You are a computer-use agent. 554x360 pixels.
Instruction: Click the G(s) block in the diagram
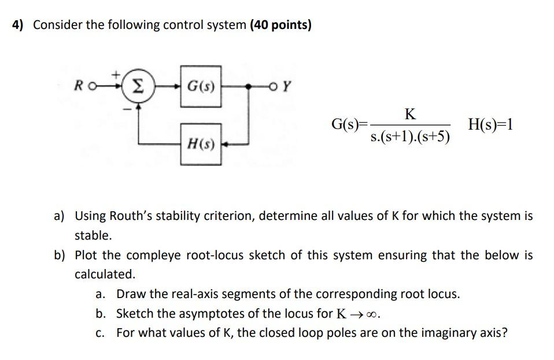[201, 88]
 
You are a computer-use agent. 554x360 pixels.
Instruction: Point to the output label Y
[289, 88]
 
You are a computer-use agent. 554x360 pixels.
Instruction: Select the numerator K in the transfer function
[410, 113]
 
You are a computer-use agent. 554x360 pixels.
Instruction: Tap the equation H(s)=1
[491, 124]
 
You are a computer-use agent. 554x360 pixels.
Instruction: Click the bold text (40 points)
[280, 25]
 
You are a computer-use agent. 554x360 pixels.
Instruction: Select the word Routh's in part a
[130, 216]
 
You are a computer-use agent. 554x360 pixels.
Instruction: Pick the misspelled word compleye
[154, 255]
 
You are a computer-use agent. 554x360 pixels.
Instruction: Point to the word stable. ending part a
[93, 236]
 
